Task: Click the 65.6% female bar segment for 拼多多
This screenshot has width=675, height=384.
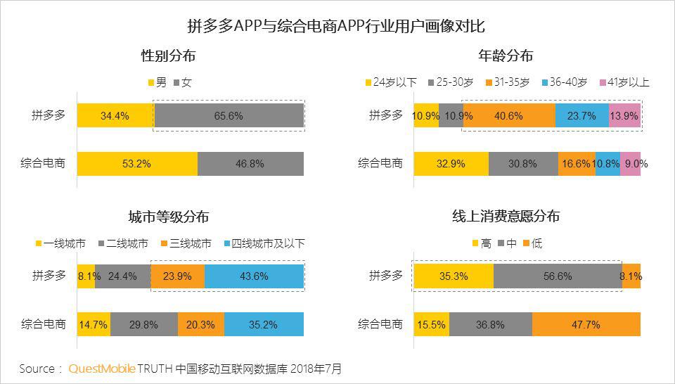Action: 229,116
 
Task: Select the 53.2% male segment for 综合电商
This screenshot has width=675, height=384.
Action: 137,164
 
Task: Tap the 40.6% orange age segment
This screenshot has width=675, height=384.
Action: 508,116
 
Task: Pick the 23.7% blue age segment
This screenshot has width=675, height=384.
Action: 581,116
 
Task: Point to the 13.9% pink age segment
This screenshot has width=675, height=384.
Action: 624,116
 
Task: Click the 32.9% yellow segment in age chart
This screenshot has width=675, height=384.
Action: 451,164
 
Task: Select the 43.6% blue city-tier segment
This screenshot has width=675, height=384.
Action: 254,276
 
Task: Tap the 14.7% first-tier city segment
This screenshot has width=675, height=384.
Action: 94,324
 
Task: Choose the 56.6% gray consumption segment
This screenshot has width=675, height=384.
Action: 558,276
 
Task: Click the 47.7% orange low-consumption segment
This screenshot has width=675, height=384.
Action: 586,324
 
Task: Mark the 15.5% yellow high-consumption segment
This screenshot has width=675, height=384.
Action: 431,324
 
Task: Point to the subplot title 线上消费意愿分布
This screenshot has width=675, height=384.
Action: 506,217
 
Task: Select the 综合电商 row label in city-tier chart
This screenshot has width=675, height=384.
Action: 43,324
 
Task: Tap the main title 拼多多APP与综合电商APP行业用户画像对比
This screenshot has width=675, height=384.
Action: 336,26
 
